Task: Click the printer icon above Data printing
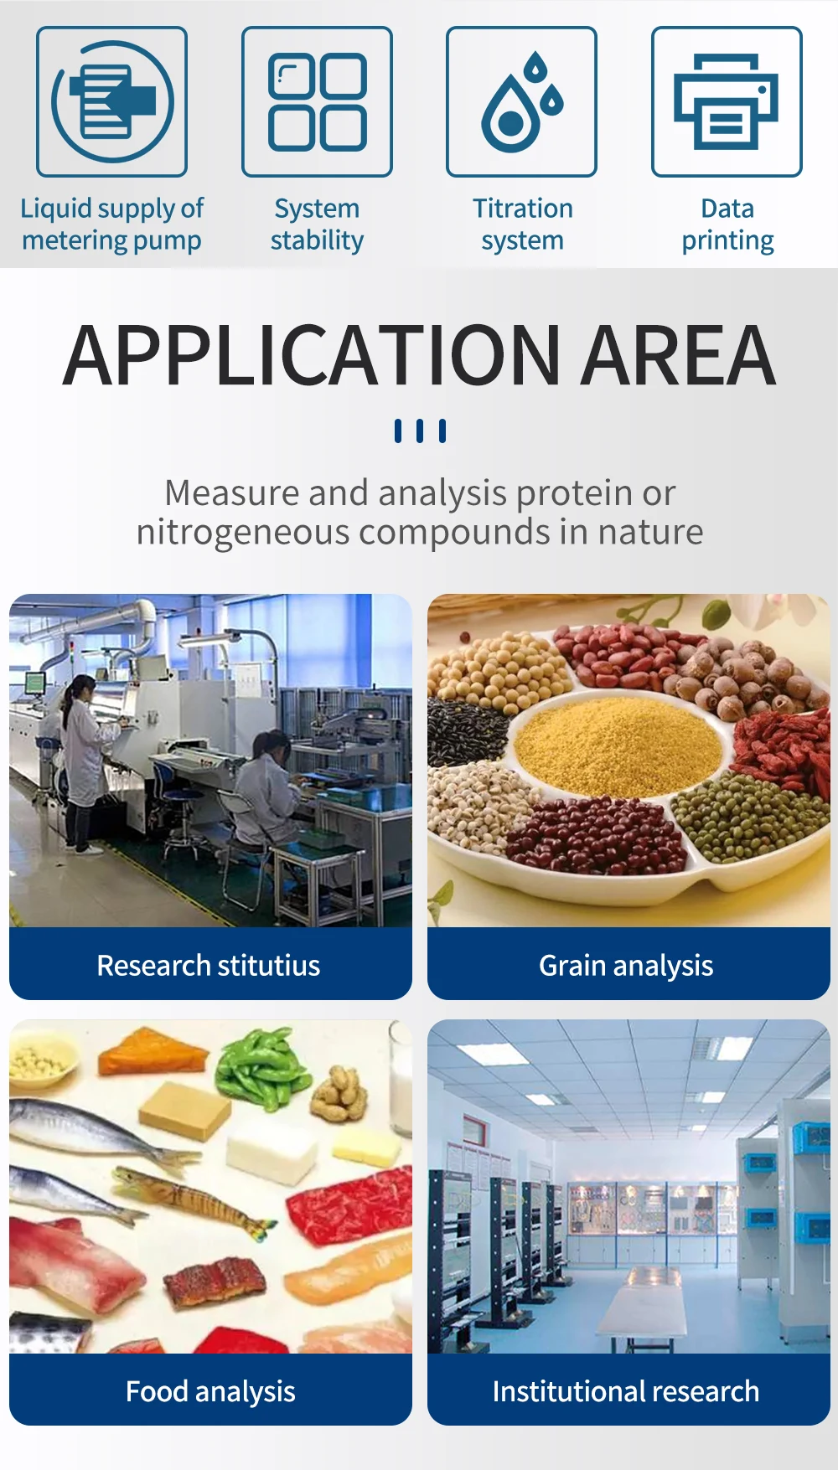point(727,101)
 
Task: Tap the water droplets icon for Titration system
point(521,101)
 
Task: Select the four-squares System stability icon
point(317,101)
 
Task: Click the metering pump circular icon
point(111,101)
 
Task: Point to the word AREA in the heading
point(679,356)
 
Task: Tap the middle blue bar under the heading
point(420,431)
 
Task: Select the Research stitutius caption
point(209,966)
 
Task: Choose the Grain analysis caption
point(626,966)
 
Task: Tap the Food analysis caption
point(210,1391)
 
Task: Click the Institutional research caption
point(626,1391)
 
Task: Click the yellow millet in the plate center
point(618,745)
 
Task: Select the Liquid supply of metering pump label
point(111,224)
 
